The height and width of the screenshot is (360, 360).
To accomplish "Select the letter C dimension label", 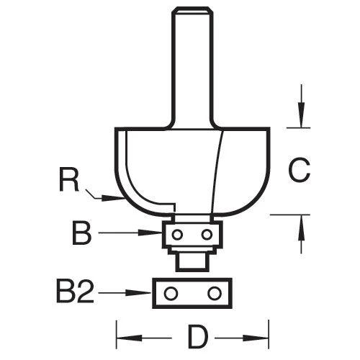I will coord(299,171).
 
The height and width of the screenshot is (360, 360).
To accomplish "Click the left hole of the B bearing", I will coord(178,234).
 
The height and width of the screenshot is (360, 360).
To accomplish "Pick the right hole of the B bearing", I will coord(207,234).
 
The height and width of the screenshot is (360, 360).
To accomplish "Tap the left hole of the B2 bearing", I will coord(171,293).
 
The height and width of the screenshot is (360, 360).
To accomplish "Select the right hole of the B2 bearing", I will coord(214,293).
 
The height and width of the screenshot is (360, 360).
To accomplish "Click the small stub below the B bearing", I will coord(192,261).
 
